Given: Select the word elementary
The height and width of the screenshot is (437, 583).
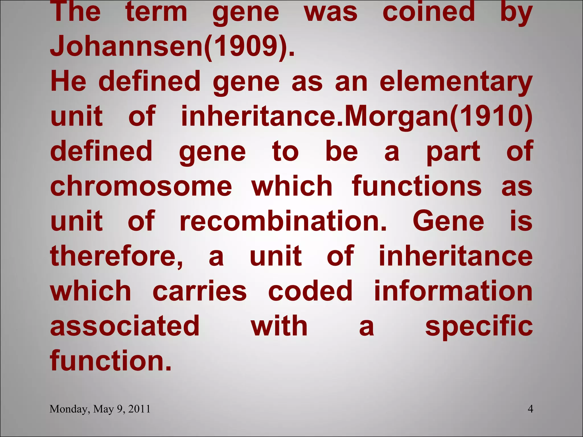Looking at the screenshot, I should click(x=456, y=82).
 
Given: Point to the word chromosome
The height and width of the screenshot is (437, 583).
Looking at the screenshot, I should click(x=141, y=186).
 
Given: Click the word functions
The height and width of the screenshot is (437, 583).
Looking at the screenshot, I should click(x=416, y=186).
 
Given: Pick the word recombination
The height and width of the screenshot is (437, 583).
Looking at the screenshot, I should click(x=283, y=221).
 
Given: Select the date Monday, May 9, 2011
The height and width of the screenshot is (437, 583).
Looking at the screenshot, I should click(x=100, y=409).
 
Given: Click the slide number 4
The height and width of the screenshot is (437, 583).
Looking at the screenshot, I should click(x=530, y=409).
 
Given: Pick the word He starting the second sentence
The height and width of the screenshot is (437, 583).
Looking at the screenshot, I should click(x=68, y=82).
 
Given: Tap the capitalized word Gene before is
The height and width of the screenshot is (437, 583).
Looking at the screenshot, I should click(x=448, y=221).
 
